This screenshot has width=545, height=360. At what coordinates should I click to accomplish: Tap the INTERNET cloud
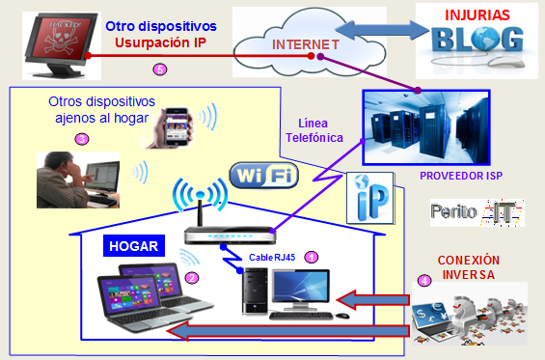pyautogui.click(x=303, y=44)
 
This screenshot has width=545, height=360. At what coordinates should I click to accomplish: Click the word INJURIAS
pyautogui.click(x=476, y=15)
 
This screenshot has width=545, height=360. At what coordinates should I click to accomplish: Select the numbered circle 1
pyautogui.click(x=311, y=258)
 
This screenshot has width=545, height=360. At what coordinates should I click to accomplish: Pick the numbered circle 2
pyautogui.click(x=191, y=278)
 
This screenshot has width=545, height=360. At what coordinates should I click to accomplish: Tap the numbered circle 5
pyautogui.click(x=160, y=69)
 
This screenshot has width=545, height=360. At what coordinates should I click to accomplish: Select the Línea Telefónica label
pyautogui.click(x=314, y=132)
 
